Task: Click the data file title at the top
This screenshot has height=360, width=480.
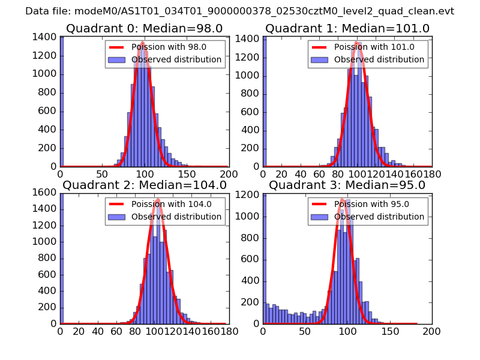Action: (x=239, y=11)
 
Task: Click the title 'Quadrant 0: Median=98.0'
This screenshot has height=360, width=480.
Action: (x=144, y=29)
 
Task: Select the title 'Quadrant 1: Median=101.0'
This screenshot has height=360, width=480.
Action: (x=347, y=29)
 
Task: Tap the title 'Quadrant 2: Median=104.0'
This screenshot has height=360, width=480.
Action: (x=144, y=185)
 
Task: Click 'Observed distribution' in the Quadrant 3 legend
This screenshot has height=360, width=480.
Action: (x=379, y=217)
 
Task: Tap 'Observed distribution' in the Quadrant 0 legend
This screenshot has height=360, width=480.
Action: (x=176, y=60)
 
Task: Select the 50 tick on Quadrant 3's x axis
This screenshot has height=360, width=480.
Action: (x=305, y=331)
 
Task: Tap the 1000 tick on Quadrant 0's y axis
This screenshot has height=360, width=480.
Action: (x=46, y=74)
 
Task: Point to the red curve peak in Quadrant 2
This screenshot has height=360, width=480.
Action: (x=157, y=199)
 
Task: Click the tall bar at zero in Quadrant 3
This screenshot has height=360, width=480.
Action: (x=265, y=258)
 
